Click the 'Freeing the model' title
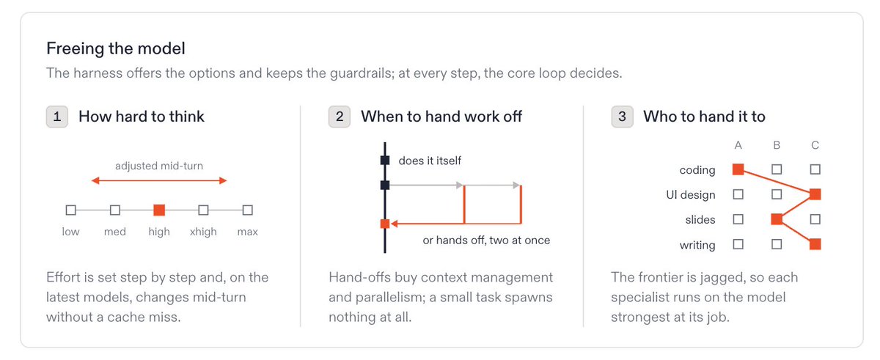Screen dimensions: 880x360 116,48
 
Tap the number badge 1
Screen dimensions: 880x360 57,117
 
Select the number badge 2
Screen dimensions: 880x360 340,117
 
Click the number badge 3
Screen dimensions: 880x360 622,117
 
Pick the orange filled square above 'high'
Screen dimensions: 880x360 159,210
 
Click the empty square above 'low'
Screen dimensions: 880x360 70,210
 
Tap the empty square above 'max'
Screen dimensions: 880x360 248,210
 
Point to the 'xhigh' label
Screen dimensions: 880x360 203,232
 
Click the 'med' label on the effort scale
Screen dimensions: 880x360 114,232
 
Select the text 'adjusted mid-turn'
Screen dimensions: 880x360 159,166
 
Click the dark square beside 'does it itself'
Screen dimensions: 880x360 385,160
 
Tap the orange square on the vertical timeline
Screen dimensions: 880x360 385,224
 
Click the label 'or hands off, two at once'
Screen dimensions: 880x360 486,240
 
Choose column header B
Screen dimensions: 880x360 777,145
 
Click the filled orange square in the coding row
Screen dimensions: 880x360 738,169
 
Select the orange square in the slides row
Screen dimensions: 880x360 777,219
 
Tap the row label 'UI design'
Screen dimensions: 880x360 691,195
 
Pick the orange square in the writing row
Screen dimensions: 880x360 815,244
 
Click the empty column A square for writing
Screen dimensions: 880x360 738,244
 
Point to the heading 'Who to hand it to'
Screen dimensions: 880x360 705,117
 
